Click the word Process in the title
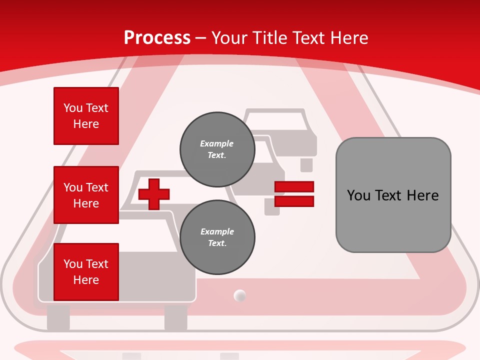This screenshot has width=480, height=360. pos(157,38)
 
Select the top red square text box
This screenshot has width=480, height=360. pos(86,116)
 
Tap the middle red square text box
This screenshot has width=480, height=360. pos(86,195)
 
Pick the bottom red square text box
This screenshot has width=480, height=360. pos(86,272)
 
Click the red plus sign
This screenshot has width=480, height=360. pos(154,194)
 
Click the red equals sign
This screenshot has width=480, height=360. pos(294,194)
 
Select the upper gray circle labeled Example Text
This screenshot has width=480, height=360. pos(217,149)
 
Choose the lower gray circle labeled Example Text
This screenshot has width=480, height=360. pos(217,237)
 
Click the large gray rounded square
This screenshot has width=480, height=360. pos(393,195)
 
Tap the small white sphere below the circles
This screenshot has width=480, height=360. pos(239,295)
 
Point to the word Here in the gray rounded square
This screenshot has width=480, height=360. pos(423,195)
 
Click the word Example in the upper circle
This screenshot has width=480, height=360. pos(216,143)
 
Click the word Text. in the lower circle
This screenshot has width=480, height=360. pos(217,243)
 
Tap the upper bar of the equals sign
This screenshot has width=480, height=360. pos(294,186)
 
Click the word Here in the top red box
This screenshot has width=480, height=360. pos(86,124)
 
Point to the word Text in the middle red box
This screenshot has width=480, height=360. pos(96,187)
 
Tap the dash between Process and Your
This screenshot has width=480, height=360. pos(200,39)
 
